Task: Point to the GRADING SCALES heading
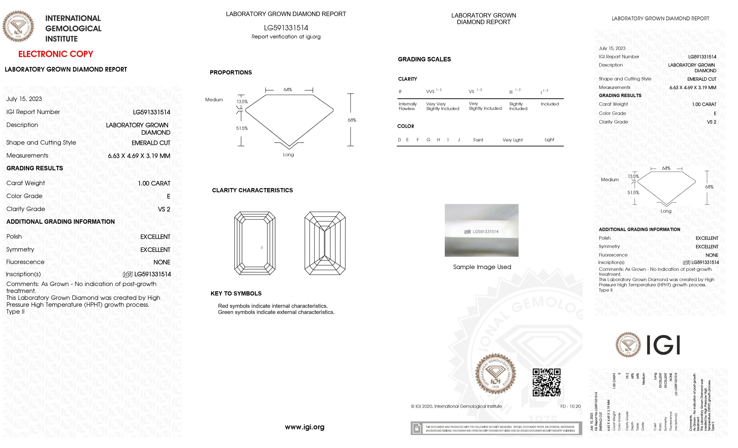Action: [424, 59]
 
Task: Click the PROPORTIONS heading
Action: [231, 72]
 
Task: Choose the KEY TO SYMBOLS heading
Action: [236, 293]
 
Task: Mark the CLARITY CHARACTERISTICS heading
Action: [252, 190]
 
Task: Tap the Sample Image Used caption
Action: [482, 267]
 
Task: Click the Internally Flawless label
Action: [407, 106]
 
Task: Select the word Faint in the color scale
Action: [478, 140]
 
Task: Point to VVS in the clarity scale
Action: [430, 91]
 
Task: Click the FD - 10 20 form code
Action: [570, 406]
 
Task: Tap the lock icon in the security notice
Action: [416, 428]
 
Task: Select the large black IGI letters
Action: [663, 345]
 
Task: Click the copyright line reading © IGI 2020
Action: [456, 406]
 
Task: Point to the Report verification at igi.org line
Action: [286, 37]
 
